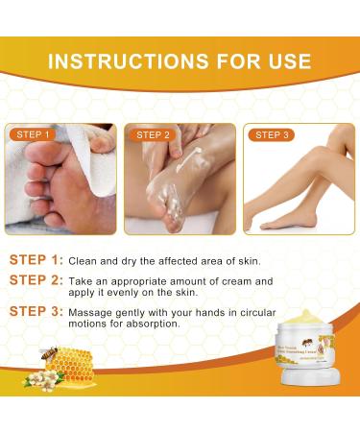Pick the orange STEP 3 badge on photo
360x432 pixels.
(272, 135)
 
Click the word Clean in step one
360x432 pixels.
(89, 260)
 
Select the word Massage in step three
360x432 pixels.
(99, 312)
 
